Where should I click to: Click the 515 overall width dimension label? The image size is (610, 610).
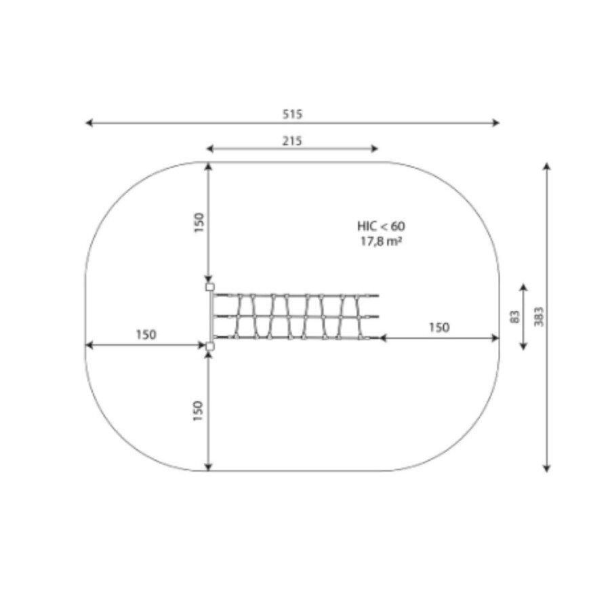292,114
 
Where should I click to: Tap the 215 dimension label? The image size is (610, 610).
291,140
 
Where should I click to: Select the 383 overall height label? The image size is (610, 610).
539,317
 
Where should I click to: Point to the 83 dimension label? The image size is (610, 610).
514,317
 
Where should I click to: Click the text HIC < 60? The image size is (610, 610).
381,226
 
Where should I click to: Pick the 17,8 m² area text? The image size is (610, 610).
381,241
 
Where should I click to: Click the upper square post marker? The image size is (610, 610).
209,287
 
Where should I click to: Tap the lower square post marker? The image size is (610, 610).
209,346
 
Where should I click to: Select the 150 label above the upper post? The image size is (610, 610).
199,222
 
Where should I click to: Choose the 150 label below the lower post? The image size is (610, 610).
198,411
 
